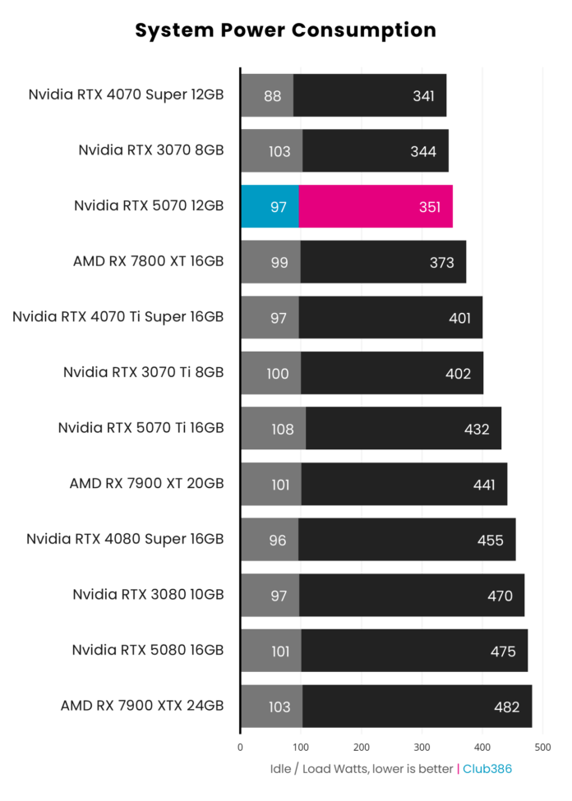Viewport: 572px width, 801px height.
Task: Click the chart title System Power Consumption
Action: point(285,30)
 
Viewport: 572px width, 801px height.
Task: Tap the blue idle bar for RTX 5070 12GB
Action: point(269,206)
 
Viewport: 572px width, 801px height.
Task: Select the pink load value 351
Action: point(429,206)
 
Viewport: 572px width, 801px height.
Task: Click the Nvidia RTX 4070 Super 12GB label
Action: point(126,94)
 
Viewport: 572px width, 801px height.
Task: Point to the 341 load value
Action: point(423,95)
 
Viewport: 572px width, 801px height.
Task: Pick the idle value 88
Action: point(273,95)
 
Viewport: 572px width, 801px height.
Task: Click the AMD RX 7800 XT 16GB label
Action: point(148,262)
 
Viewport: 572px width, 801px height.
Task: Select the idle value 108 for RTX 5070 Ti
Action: point(282,429)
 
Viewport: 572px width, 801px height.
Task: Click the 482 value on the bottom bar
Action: point(508,707)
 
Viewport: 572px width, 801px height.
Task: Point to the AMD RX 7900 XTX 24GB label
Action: point(141,706)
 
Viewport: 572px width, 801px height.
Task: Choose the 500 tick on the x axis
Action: point(542,747)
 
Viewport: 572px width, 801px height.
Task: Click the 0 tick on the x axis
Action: point(240,747)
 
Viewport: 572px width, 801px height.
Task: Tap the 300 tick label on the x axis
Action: point(422,747)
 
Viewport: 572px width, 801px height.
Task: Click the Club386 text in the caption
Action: point(487,769)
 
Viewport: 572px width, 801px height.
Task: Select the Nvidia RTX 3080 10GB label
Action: point(148,595)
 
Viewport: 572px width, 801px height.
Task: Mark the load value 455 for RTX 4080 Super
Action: point(491,540)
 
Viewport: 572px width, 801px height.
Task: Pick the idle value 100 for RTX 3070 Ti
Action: point(278,373)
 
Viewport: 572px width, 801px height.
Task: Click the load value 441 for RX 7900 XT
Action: point(484,485)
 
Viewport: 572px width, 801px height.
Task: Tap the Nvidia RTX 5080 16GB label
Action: point(148,651)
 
